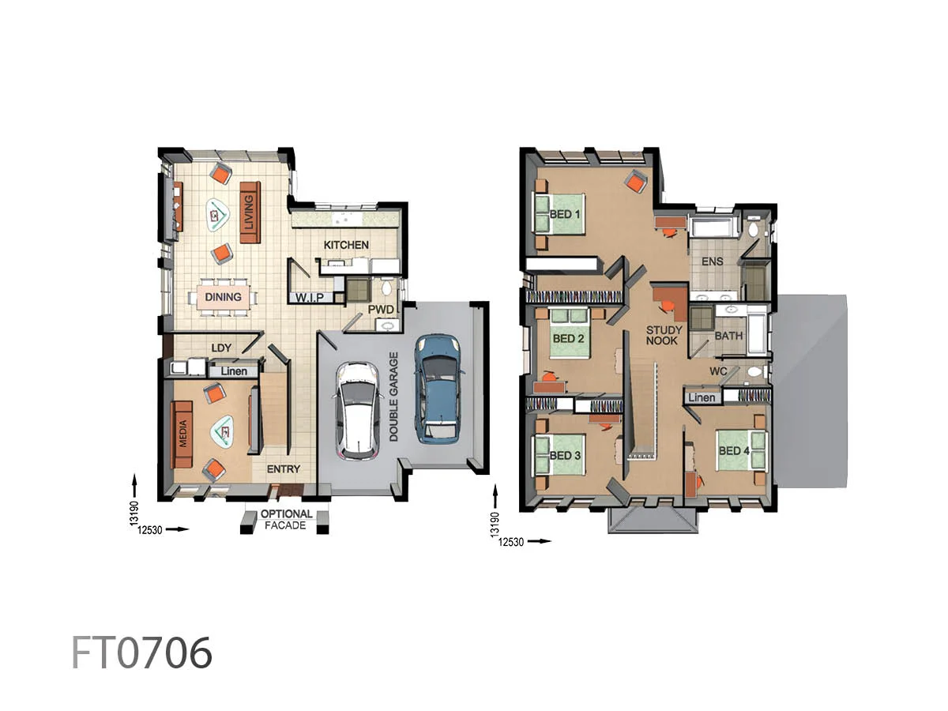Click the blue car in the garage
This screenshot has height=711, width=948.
(437, 387)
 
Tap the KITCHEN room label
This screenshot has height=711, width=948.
(346, 245)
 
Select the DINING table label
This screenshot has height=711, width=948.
(223, 298)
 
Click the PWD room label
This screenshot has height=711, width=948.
(381, 308)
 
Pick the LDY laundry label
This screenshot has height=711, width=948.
(220, 348)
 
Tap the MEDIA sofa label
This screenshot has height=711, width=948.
(183, 434)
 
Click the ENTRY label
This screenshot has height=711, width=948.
(283, 469)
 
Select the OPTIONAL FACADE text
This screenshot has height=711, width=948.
(286, 519)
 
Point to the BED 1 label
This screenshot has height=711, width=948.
(565, 214)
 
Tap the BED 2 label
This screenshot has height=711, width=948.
(569, 339)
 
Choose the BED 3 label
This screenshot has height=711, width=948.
(566, 456)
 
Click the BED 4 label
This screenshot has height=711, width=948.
(734, 451)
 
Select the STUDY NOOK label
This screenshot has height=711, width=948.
(664, 335)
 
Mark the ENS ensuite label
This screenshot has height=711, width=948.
(713, 261)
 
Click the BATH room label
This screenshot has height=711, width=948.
(729, 336)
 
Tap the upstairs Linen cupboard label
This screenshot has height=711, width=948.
(702, 397)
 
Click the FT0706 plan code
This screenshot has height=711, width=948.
(142, 653)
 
